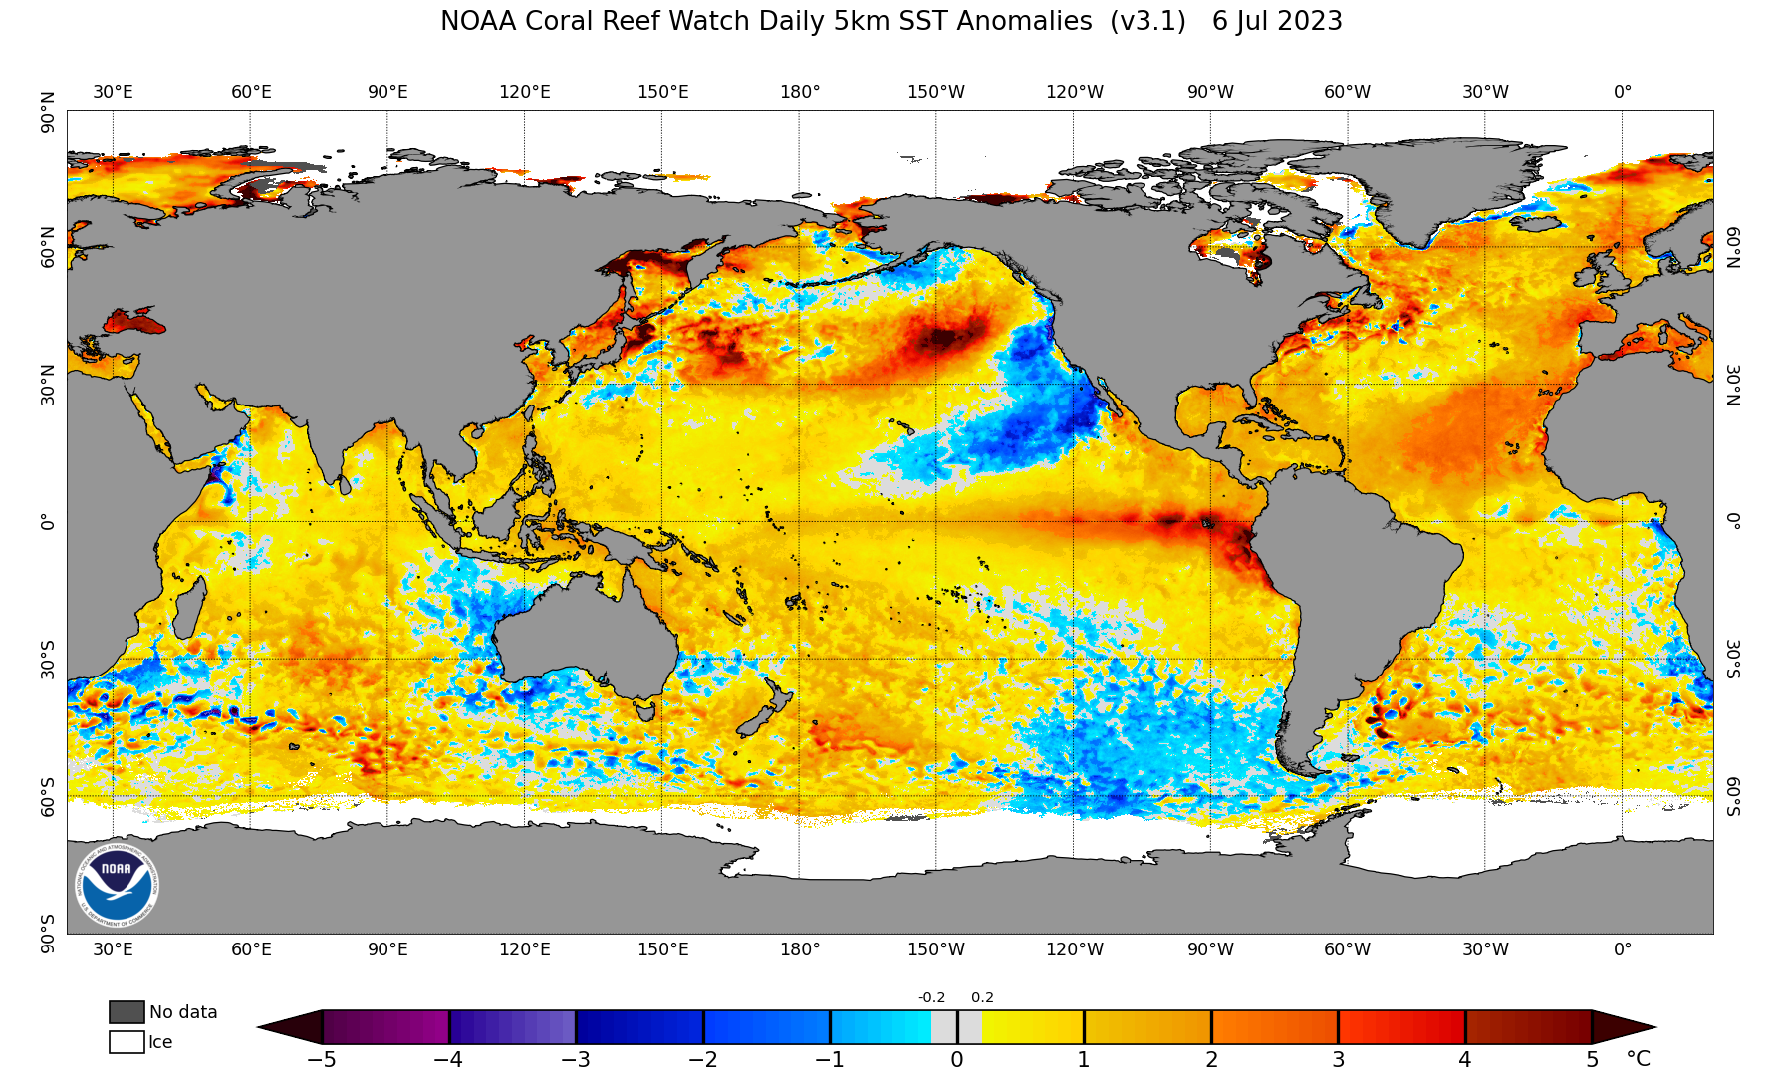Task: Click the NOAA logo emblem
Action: tap(117, 885)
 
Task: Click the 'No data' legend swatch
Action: tap(127, 1012)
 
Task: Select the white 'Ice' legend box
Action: tap(127, 1042)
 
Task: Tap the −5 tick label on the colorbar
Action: tap(321, 1059)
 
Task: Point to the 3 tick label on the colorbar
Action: tap(1338, 1059)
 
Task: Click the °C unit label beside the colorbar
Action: tap(1638, 1058)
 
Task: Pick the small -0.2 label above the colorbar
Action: tap(931, 997)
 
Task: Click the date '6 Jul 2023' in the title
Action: tap(1277, 21)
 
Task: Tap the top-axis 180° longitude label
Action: tap(800, 92)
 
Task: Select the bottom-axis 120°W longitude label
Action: tap(1074, 949)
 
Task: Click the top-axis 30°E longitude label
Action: tap(113, 92)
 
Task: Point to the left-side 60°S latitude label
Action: tap(47, 797)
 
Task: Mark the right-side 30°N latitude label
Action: tap(1733, 385)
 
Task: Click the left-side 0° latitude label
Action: tap(47, 521)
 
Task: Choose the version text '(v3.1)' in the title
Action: tap(1147, 21)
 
